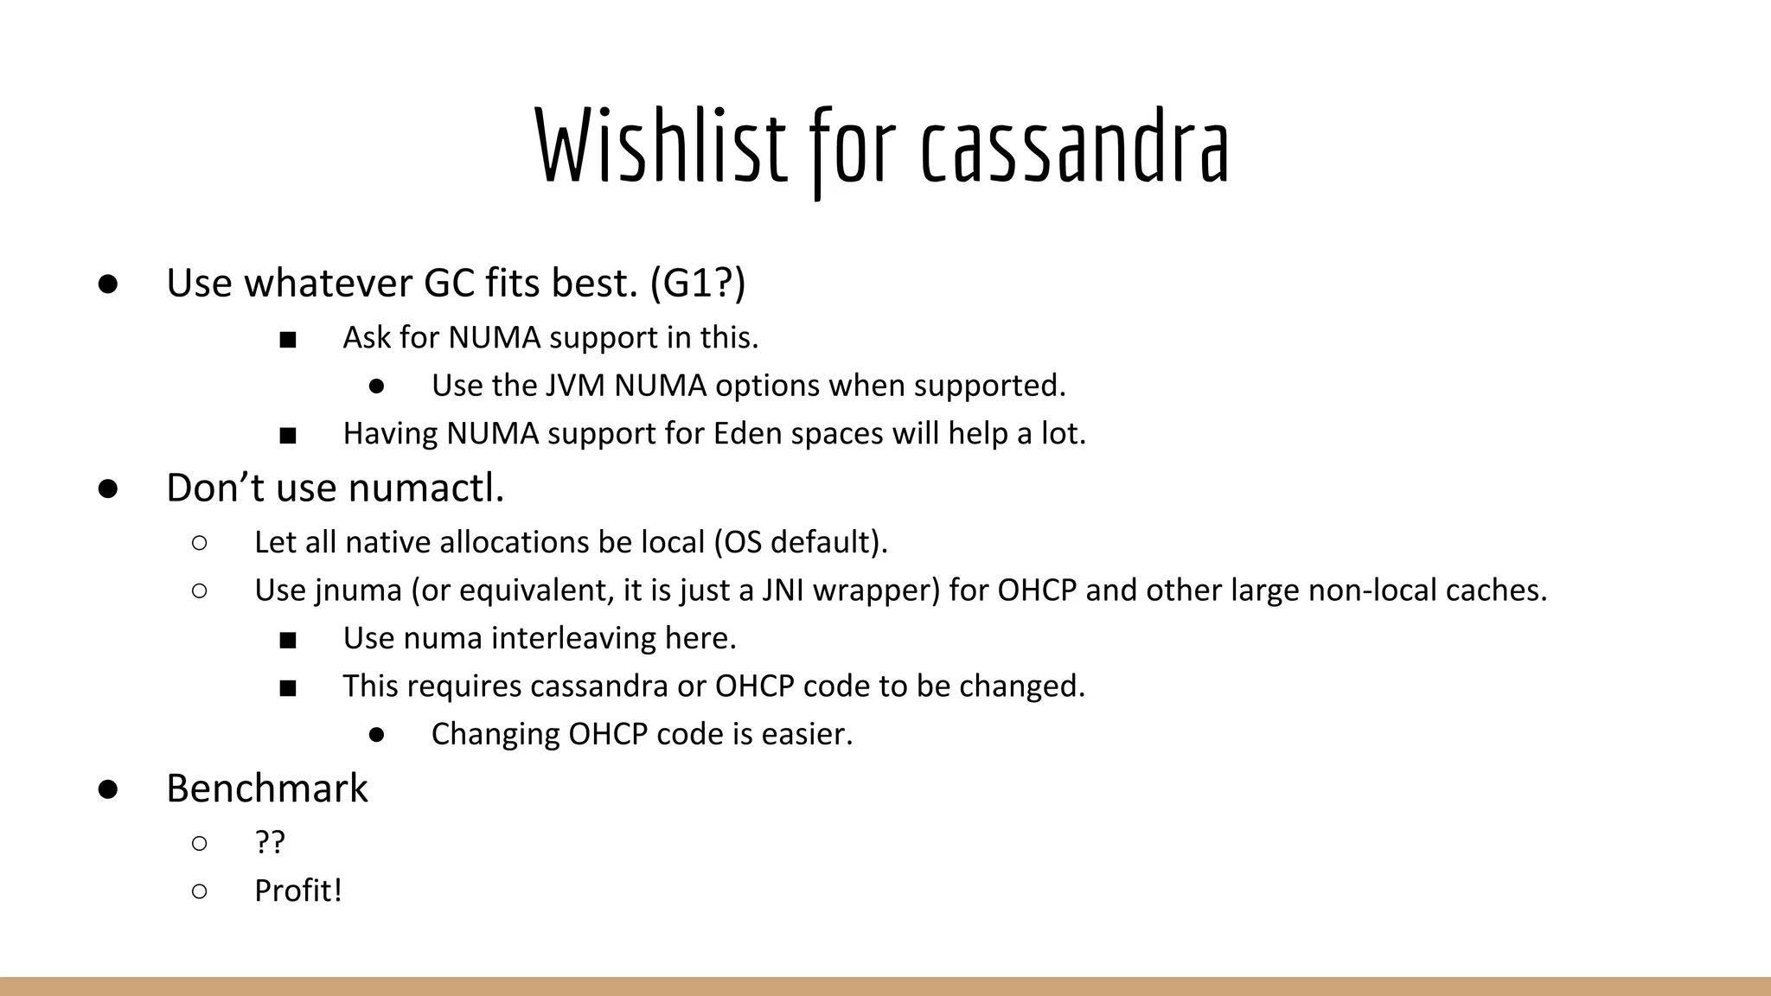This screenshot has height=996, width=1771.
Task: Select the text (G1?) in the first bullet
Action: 697,283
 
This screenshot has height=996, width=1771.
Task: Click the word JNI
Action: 783,591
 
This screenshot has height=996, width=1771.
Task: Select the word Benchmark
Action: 267,788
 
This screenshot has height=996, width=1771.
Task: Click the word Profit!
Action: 298,891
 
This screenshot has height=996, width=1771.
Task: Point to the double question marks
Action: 270,842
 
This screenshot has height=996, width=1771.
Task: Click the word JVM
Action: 575,386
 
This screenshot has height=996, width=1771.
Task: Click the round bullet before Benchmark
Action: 108,789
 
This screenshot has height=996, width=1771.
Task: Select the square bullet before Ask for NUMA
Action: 288,340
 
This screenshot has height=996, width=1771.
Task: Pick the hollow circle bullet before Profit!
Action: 200,891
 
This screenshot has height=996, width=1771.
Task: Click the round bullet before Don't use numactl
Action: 108,488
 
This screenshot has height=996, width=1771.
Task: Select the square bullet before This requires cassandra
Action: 288,688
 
